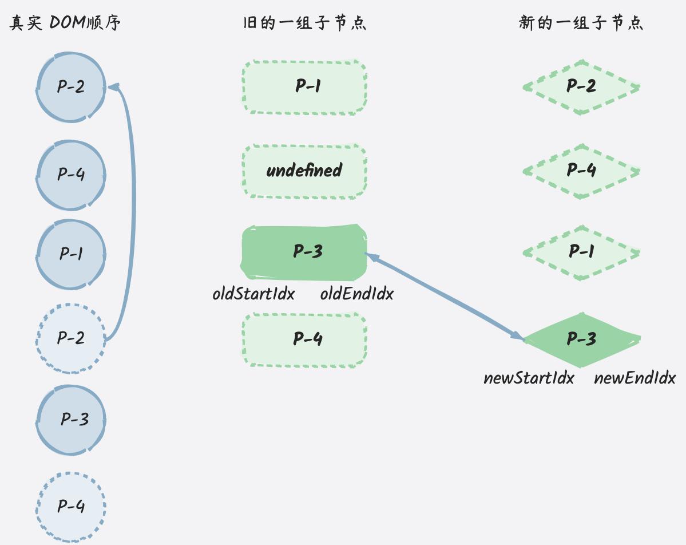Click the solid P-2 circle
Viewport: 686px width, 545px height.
[x=71, y=87]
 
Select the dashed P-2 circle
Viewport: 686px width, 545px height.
[x=71, y=338]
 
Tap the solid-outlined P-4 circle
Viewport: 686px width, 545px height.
[x=71, y=175]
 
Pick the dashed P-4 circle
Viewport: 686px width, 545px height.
[x=71, y=507]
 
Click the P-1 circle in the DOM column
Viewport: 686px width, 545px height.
[x=71, y=254]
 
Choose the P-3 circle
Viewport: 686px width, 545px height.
[x=71, y=420]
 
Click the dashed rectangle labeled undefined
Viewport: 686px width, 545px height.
[x=304, y=171]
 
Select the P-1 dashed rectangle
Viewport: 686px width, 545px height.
[x=304, y=87]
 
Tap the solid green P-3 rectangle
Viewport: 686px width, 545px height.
[x=304, y=252]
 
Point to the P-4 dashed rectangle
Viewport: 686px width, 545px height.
[x=304, y=339]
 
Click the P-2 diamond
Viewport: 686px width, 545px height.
[x=581, y=87]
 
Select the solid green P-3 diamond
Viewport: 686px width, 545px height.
[x=581, y=339]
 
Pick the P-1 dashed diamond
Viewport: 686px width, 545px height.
[x=581, y=252]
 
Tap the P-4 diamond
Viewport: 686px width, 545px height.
[x=581, y=171]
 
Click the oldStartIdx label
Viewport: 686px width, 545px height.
[x=254, y=294]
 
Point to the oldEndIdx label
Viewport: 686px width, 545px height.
[x=357, y=294]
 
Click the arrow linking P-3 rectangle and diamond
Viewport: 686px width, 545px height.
[x=445, y=297]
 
